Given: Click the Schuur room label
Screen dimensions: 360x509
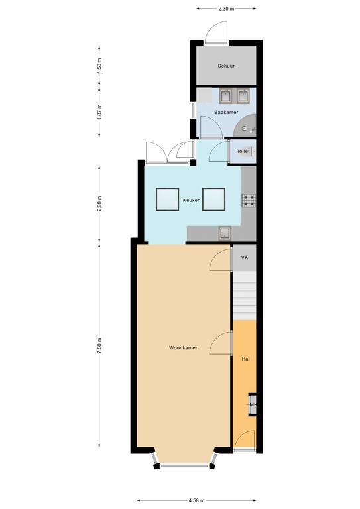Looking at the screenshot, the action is [x=226, y=66].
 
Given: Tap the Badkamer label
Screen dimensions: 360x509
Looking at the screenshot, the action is [x=226, y=112].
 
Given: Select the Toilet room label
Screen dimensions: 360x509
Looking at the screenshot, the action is [x=243, y=151].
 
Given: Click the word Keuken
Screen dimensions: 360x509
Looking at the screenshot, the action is [x=192, y=200].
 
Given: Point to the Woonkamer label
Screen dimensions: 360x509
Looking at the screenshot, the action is [x=183, y=348].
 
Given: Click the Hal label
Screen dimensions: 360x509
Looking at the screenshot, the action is [x=245, y=359].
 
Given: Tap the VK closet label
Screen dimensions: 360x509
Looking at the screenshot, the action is [x=245, y=257].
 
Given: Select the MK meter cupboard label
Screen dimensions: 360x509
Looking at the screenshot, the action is [x=253, y=404].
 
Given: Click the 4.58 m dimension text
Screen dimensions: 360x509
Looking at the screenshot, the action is [x=196, y=500].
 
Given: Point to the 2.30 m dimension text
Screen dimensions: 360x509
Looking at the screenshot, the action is [x=226, y=9].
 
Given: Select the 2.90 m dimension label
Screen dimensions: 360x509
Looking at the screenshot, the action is [x=99, y=203].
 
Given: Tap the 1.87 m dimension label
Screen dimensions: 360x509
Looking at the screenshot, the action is [x=99, y=111].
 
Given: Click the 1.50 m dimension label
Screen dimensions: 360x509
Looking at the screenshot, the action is [x=99, y=66].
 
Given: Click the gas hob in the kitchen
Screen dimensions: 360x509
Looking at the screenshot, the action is [x=249, y=200].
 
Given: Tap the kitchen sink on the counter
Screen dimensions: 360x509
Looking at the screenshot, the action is [x=225, y=233].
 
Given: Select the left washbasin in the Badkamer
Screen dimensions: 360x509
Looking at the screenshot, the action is [x=225, y=96].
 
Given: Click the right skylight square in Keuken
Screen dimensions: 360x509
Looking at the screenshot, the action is [x=213, y=199].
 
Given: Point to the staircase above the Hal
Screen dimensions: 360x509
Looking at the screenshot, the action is [x=245, y=296].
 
